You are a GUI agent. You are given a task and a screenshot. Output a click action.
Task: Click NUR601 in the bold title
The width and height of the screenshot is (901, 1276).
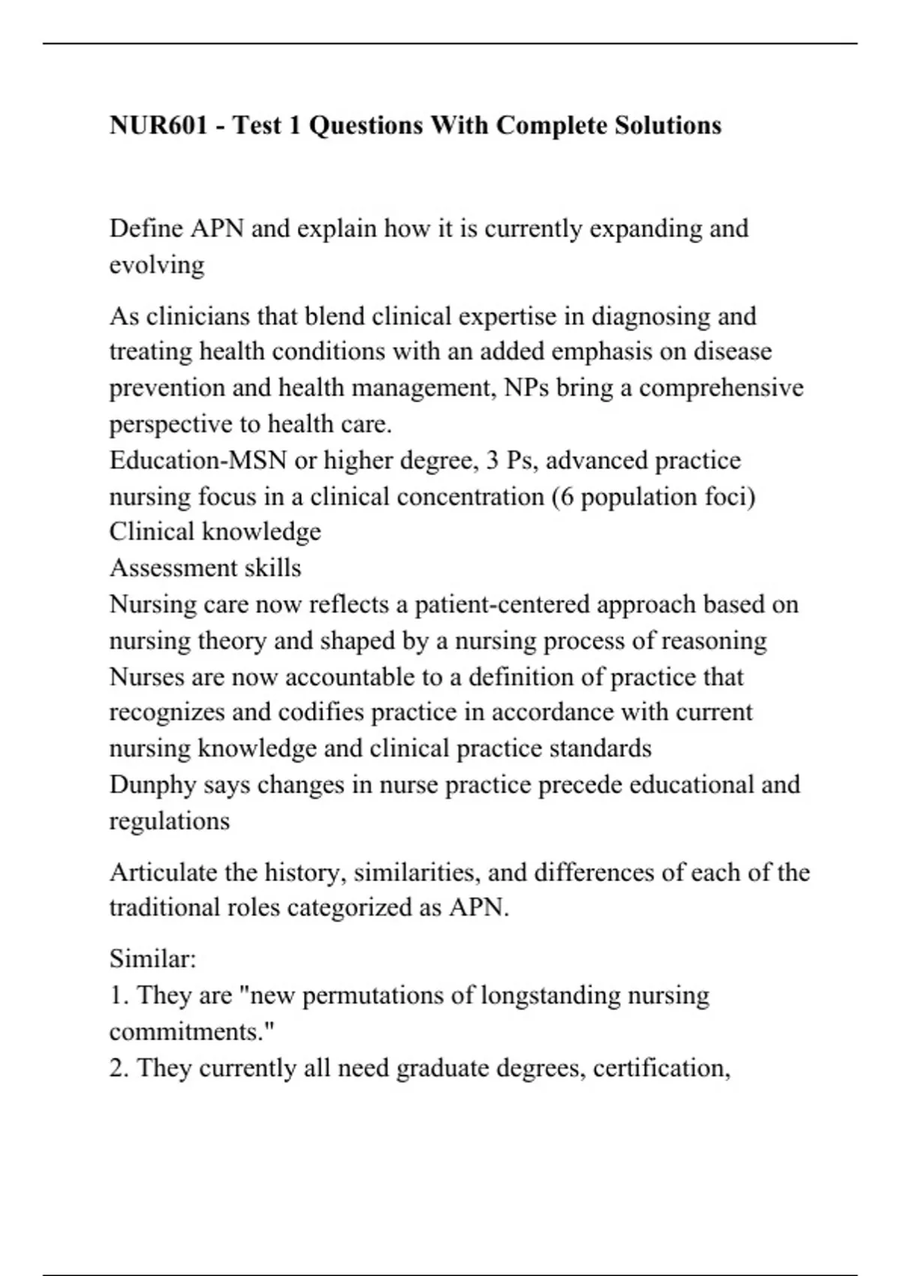(158, 125)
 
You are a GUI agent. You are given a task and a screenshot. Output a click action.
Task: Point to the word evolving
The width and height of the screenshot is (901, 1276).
(157, 265)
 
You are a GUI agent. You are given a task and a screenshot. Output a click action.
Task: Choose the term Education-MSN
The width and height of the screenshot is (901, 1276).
(198, 460)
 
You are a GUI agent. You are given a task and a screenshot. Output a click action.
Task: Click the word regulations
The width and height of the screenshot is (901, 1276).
(170, 821)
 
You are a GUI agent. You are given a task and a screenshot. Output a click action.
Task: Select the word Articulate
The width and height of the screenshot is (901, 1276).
(163, 872)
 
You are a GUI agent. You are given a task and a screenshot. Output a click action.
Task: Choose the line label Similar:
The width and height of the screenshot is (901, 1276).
(152, 959)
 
